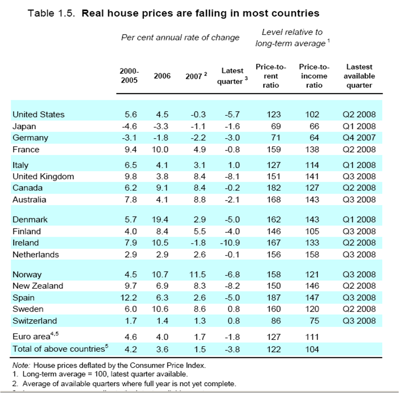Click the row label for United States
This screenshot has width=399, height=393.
[x=38, y=115]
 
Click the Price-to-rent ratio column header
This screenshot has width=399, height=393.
[x=270, y=76]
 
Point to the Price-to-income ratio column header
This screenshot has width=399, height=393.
[x=314, y=76]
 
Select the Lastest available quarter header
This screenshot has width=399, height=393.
[x=359, y=76]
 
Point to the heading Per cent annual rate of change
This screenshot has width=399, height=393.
[x=180, y=37]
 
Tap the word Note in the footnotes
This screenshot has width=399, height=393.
[x=19, y=365]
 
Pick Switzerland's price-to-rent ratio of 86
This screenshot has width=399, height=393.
[x=275, y=321]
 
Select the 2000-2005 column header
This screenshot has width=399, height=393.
[x=129, y=76]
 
